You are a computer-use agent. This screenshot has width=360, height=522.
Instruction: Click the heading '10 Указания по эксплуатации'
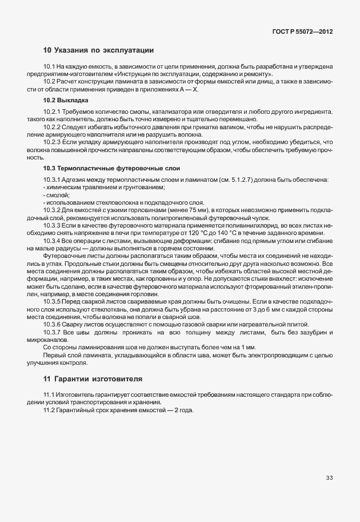point(98,50)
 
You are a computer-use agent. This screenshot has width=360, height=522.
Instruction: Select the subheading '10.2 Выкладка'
point(62,100)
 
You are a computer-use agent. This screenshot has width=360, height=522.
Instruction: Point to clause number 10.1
point(49,67)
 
